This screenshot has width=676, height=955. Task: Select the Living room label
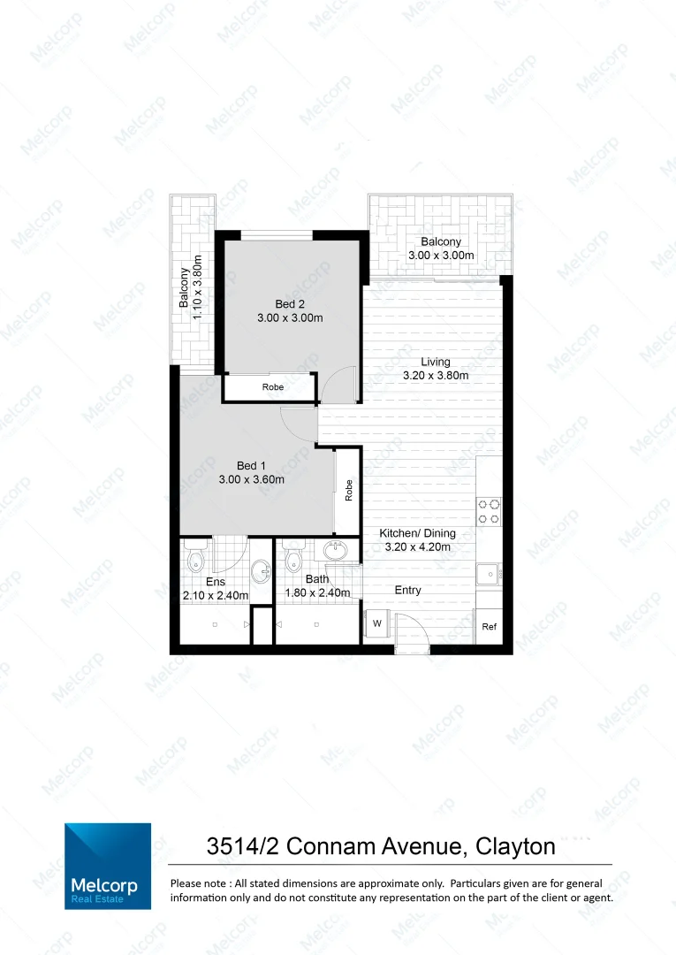point(435,362)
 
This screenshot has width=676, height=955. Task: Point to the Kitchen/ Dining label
point(415,534)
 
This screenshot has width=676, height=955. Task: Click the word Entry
point(407,590)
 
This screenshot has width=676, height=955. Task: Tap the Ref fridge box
point(489,627)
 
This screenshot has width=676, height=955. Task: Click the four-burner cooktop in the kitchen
point(489,512)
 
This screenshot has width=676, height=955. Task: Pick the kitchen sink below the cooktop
point(488,575)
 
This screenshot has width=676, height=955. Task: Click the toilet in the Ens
point(196,557)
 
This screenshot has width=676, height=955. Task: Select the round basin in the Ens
point(262,571)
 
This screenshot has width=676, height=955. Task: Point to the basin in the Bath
point(335,552)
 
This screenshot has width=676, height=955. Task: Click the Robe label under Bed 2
point(272,387)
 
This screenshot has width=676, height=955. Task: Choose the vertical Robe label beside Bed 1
point(349,490)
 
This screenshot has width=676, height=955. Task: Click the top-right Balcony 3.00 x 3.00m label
point(441,248)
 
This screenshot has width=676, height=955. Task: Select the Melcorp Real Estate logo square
point(107,866)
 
